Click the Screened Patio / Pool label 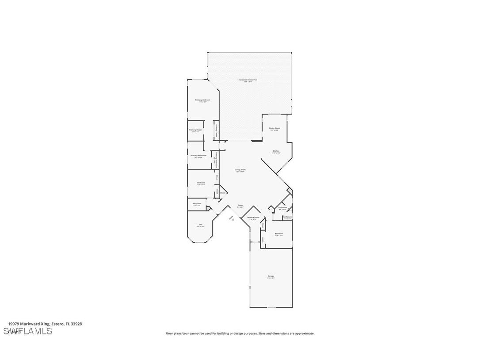point(248,80)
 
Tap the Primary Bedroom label point(203,100)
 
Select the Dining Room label point(274,128)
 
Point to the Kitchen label point(276,151)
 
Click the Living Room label point(240,170)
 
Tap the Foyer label point(240,205)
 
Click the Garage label point(270,276)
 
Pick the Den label point(200,225)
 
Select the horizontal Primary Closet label point(195,130)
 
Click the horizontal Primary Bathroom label point(198,156)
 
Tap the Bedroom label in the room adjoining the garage point(278,234)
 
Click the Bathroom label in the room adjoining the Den point(197,203)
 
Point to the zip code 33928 point(77,324)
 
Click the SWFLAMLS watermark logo point(27,331)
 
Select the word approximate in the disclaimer point(304,333)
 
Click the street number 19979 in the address point(15,324)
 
